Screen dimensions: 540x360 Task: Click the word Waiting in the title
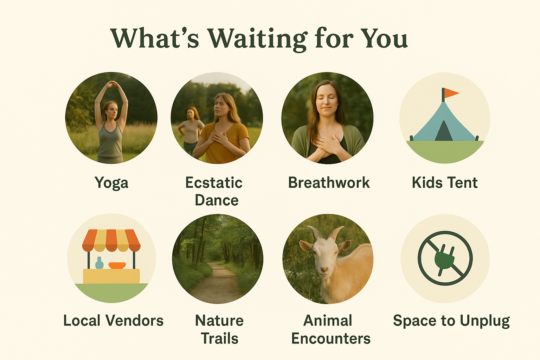(x=257, y=39)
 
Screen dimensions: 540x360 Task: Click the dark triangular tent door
(x=444, y=131)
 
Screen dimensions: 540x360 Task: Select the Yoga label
(x=111, y=183)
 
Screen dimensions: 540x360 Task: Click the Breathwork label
(x=329, y=182)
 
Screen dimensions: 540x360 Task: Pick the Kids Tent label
(x=445, y=182)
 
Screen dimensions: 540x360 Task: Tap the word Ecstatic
(x=214, y=182)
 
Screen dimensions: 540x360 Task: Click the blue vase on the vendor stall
(x=99, y=263)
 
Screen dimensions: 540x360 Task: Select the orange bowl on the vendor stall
(x=117, y=265)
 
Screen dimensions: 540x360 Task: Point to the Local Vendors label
(x=113, y=321)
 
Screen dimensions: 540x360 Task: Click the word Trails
(x=220, y=338)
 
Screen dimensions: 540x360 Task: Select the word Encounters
(x=331, y=338)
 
